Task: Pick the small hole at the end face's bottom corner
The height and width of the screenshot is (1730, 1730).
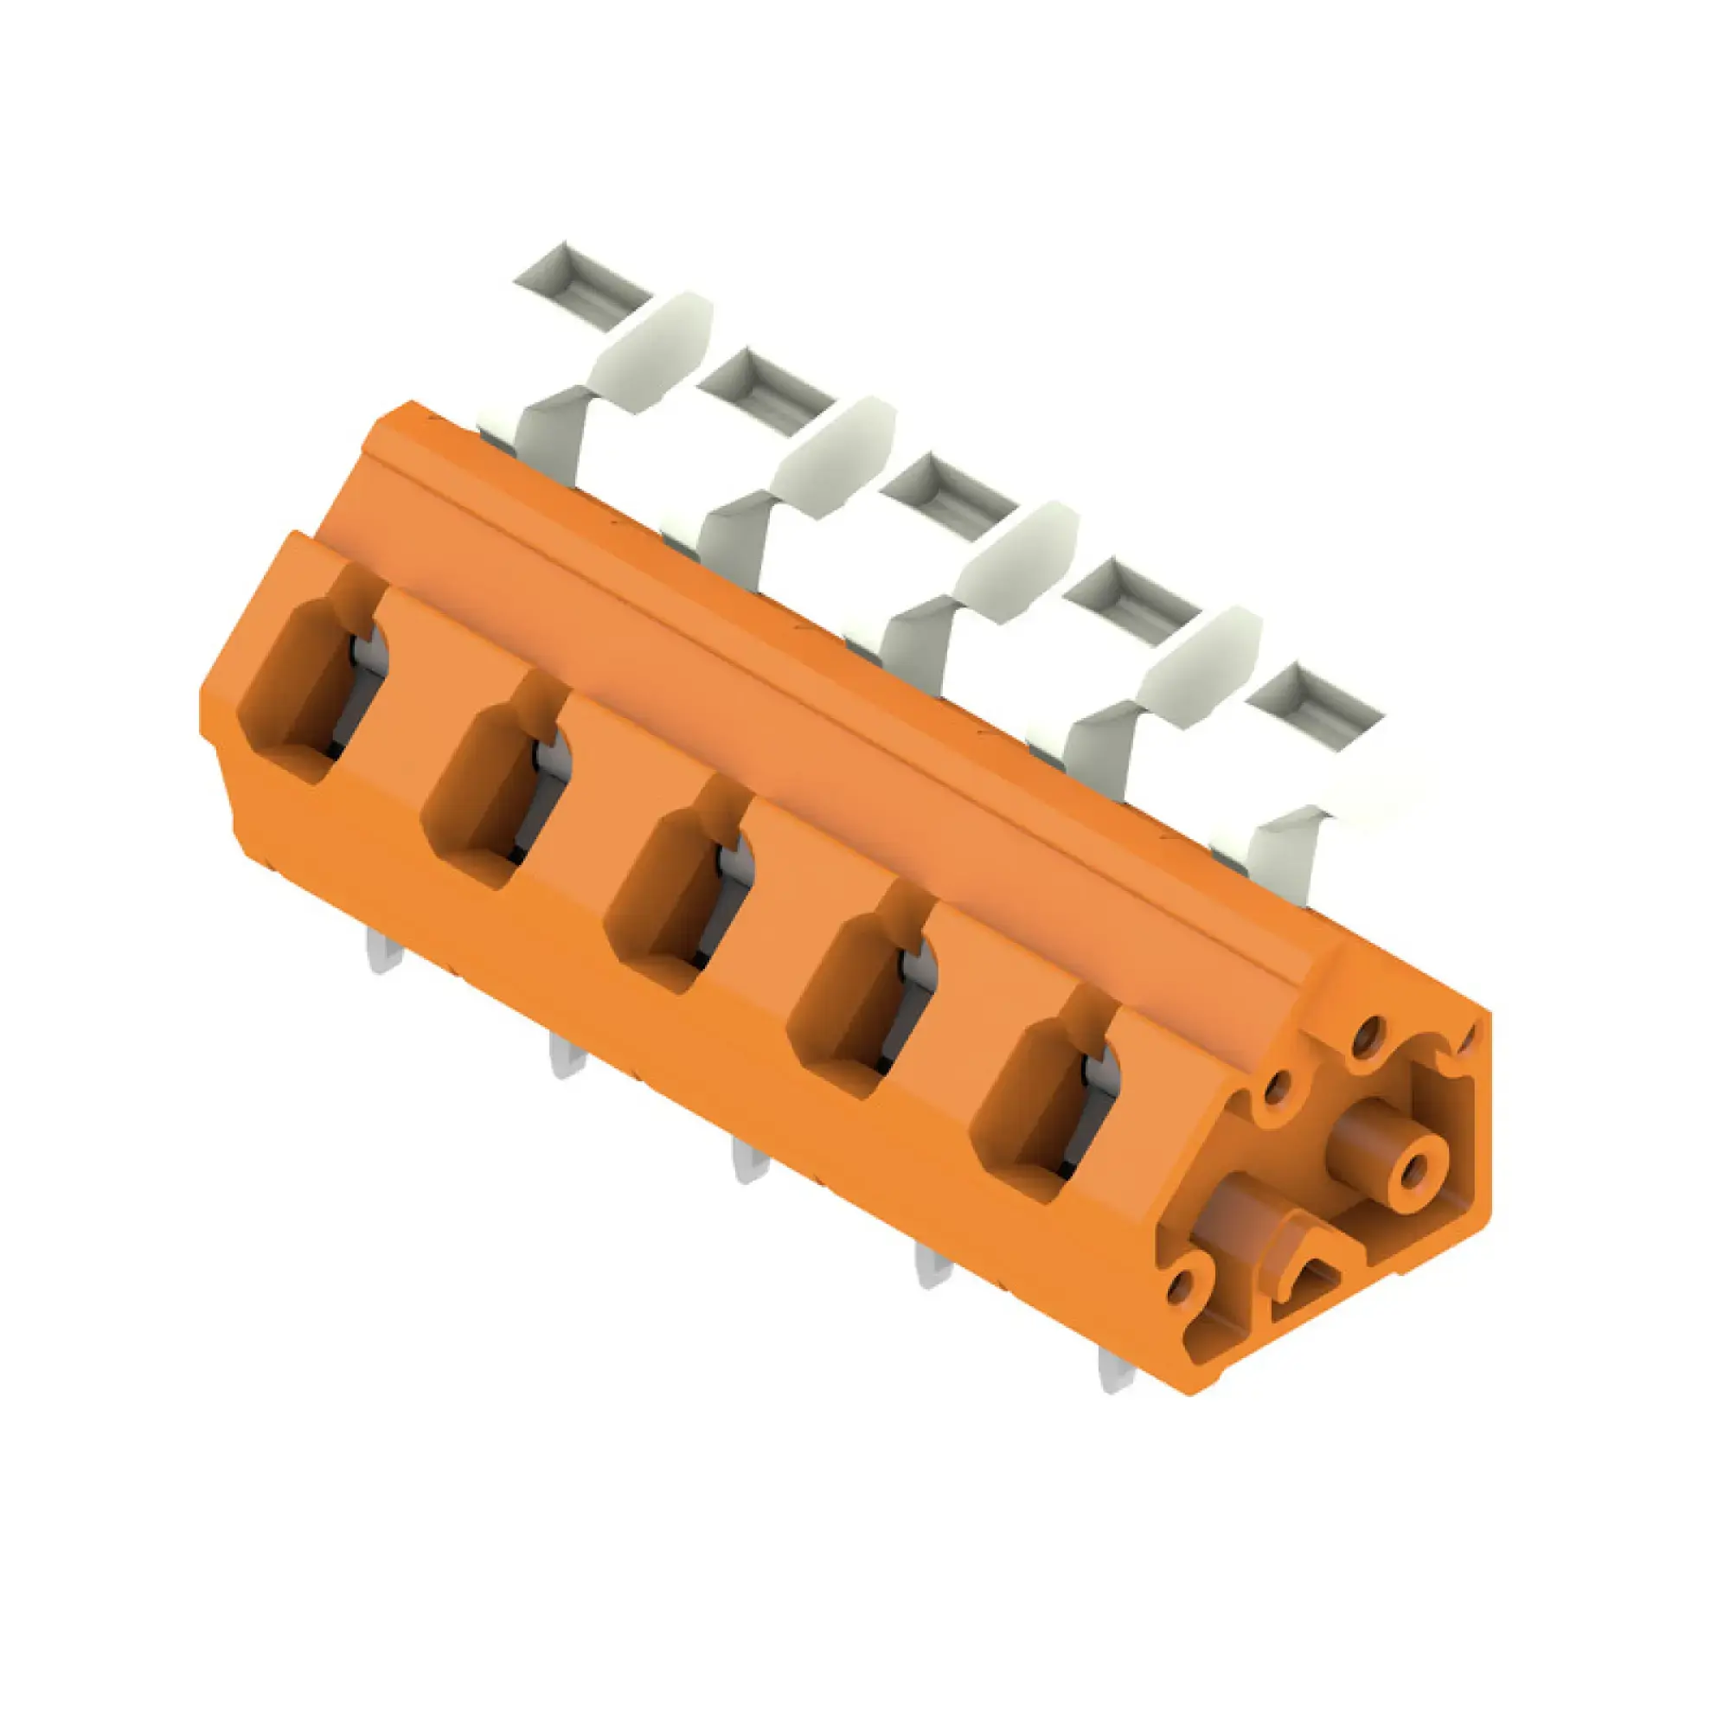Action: [x=1181, y=1290]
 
